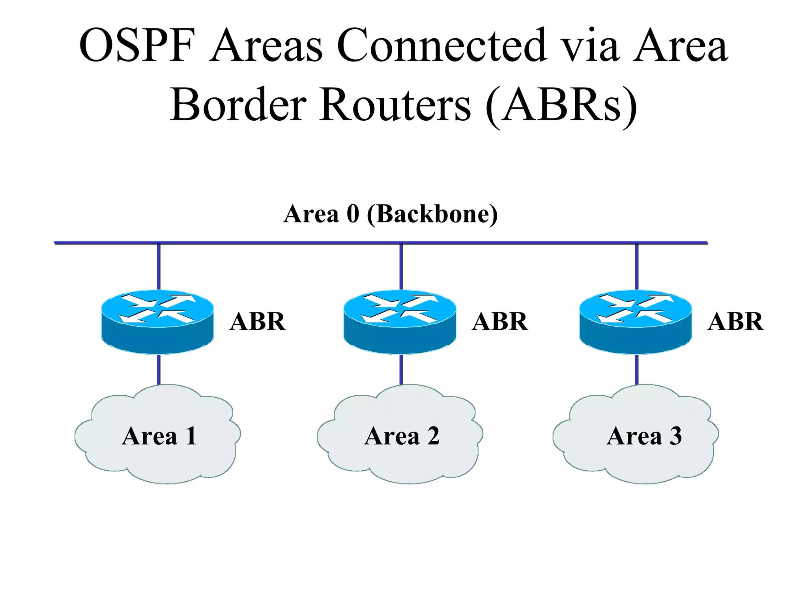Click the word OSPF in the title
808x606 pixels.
click(x=137, y=45)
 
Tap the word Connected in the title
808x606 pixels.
click(x=442, y=45)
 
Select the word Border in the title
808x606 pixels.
click(x=238, y=105)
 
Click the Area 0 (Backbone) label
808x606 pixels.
click(x=391, y=214)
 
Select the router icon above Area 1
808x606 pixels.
click(x=158, y=322)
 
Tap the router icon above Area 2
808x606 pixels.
click(x=400, y=322)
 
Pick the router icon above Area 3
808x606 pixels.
click(x=636, y=322)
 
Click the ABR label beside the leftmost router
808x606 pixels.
click(x=258, y=322)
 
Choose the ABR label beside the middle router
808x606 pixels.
click(x=500, y=322)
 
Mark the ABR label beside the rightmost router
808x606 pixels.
click(x=735, y=322)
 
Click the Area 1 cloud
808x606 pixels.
click(x=158, y=454)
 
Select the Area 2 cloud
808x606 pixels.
click(x=400, y=454)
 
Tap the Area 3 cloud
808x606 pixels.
click(x=636, y=454)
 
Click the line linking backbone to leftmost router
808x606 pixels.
click(x=159, y=267)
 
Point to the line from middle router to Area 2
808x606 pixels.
click(x=401, y=370)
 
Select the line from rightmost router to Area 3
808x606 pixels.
click(x=637, y=370)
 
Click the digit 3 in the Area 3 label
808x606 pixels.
click(x=675, y=436)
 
